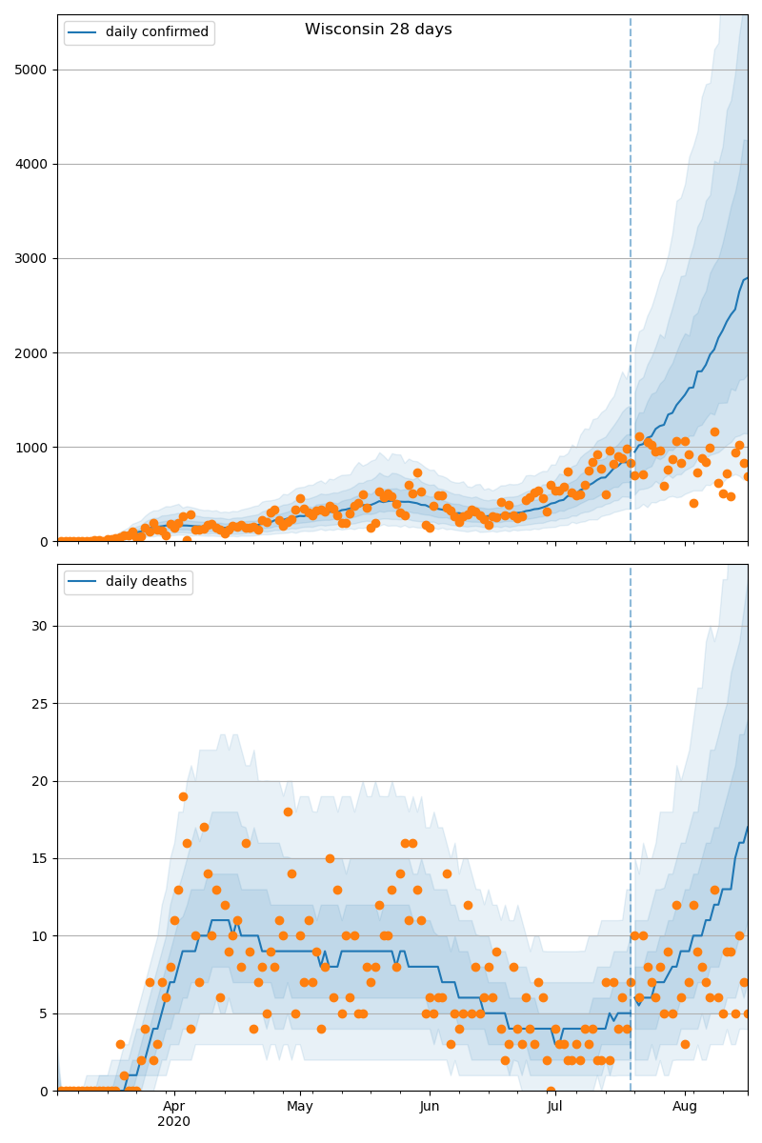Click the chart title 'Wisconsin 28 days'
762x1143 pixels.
click(378, 30)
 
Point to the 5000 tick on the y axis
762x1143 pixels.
click(32, 70)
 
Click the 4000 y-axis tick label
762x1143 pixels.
click(32, 164)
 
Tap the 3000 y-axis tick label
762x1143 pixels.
click(32, 258)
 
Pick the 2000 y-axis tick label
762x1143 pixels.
click(32, 352)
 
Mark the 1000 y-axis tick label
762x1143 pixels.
click(32, 447)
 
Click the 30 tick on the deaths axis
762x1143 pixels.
click(40, 626)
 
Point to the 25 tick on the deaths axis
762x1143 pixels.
click(40, 704)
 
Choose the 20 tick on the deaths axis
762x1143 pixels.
click(40, 781)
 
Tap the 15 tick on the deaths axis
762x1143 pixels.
click(40, 858)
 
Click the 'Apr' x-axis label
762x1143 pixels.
click(173, 1107)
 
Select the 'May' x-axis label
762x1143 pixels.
click(300, 1107)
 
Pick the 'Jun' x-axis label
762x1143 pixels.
click(430, 1107)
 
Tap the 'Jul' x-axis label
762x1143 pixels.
click(555, 1107)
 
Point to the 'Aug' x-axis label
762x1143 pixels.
click(685, 1107)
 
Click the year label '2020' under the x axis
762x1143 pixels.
click(173, 1122)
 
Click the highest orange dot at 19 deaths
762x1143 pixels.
click(183, 796)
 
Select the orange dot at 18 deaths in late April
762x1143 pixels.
click(288, 812)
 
